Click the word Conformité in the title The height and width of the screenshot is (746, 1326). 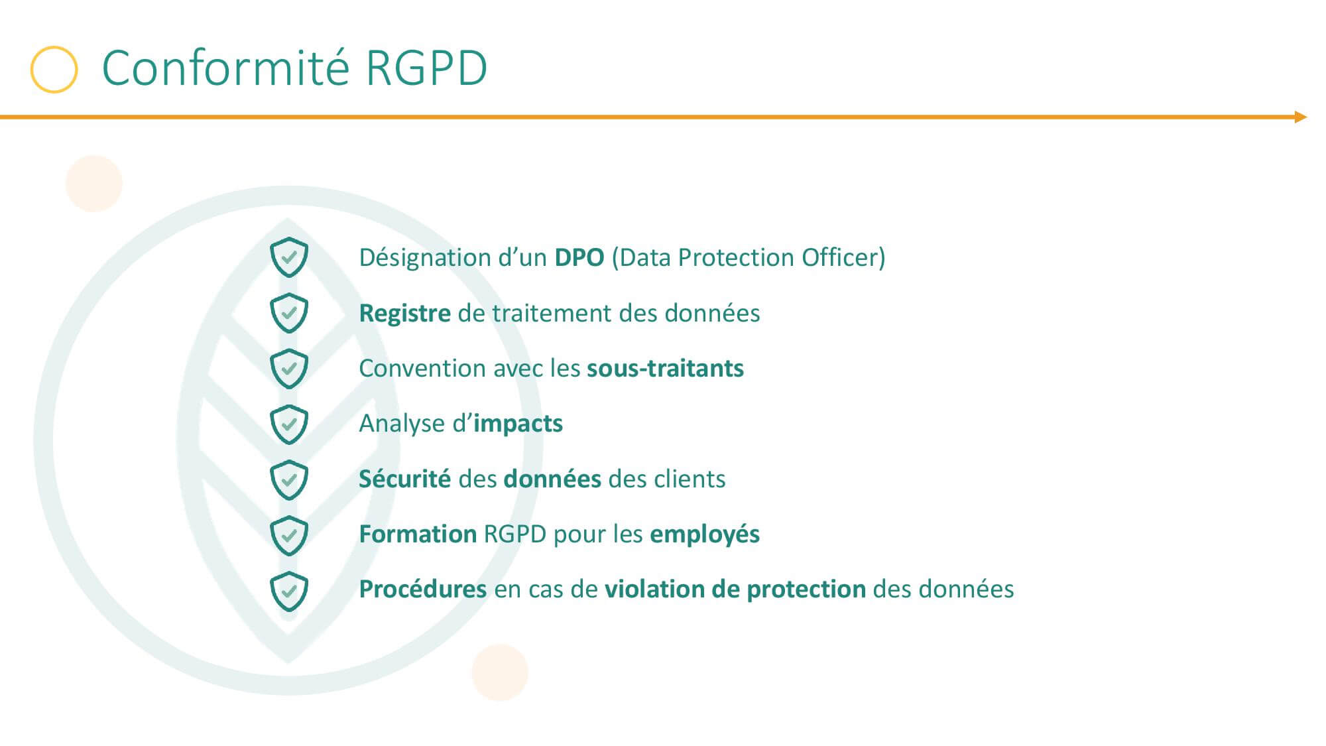[x=225, y=68]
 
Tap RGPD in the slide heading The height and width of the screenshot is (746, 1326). [x=426, y=69]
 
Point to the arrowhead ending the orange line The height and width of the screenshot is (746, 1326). [x=1301, y=117]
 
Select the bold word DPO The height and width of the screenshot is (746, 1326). [x=579, y=257]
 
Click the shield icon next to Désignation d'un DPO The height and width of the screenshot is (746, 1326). [x=289, y=257]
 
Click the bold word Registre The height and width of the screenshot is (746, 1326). [x=404, y=314]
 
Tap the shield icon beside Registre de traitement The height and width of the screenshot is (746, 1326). [x=289, y=312]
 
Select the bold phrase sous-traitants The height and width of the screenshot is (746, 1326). [x=666, y=368]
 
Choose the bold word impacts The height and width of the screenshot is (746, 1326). [x=518, y=424]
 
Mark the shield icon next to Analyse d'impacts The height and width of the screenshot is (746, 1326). [x=289, y=423]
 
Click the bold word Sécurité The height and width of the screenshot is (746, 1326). [x=404, y=479]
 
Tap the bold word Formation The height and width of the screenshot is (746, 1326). [x=418, y=534]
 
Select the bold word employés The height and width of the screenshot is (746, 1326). [x=705, y=534]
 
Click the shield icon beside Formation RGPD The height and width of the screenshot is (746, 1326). [x=289, y=534]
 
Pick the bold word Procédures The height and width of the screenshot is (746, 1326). [x=423, y=589]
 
